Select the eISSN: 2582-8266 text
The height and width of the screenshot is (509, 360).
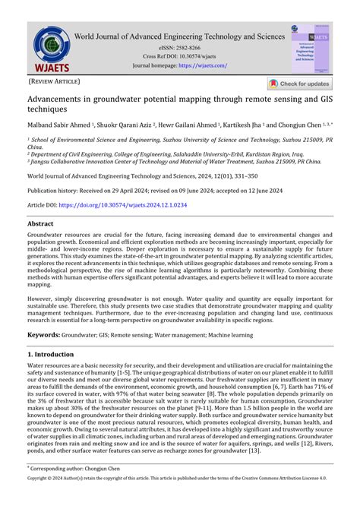179,47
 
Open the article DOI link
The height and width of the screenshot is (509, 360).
122,205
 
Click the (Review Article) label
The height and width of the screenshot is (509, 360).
53,81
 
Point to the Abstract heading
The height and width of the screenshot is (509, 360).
40,225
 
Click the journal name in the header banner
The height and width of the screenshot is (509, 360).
180,36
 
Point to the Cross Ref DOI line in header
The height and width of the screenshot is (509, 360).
179,56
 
